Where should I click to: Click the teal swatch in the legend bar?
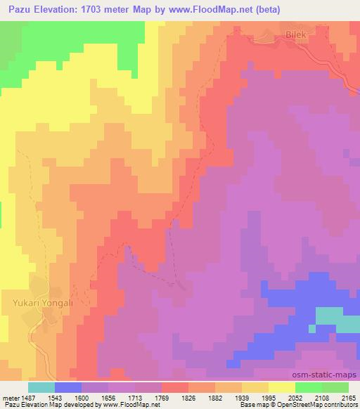[x=41, y=387]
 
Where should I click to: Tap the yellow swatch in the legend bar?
[x=282, y=387]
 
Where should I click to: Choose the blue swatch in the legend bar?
[x=68, y=387]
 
